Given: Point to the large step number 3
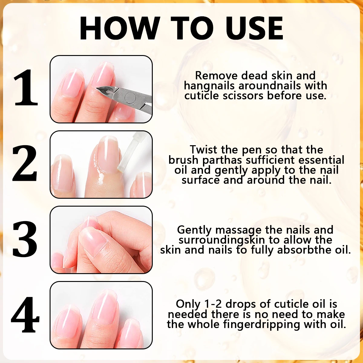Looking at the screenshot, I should coord(25,239).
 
